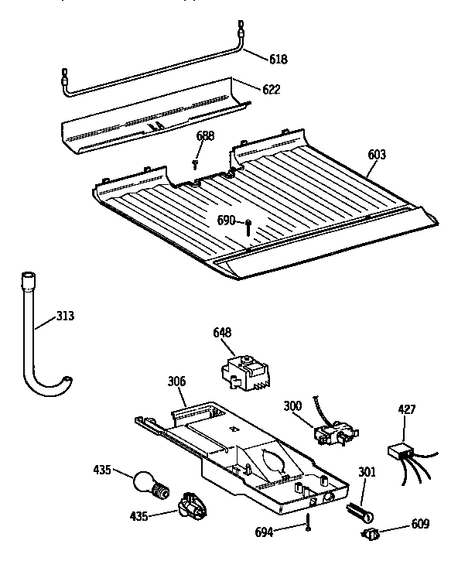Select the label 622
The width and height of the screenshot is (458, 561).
pos(270,89)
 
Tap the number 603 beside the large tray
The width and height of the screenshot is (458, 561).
pos(376,155)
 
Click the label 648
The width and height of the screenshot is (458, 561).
pos(223,333)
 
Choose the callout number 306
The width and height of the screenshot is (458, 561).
pos(177,381)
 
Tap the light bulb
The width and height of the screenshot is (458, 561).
pos(147,481)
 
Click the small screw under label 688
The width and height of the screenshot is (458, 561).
pos(197,163)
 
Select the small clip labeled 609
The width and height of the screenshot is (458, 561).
pos(370,534)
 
